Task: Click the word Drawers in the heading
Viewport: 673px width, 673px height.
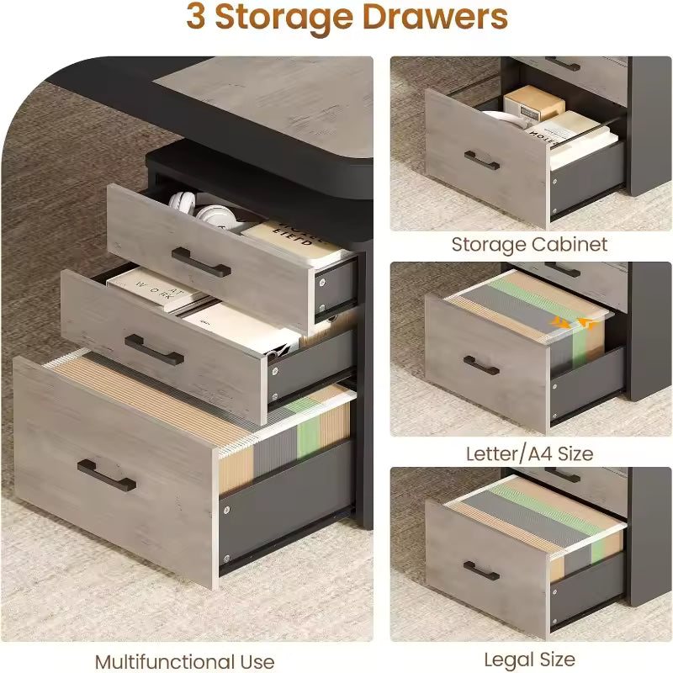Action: [x=435, y=17]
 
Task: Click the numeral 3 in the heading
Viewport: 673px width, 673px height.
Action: [x=196, y=17]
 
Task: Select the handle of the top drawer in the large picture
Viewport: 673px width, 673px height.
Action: [x=201, y=262]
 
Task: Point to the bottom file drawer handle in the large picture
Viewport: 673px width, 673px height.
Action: [x=107, y=475]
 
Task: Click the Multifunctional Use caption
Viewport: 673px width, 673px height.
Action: [x=184, y=661]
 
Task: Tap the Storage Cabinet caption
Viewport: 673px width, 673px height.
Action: [x=529, y=245]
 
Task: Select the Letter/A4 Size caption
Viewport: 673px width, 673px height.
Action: [x=530, y=453]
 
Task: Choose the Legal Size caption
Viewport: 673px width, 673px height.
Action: [x=530, y=660]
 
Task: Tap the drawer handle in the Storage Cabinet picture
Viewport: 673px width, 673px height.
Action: [x=481, y=161]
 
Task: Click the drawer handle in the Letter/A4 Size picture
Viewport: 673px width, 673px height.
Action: [x=481, y=366]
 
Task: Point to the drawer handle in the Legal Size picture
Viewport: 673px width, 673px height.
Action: [x=481, y=571]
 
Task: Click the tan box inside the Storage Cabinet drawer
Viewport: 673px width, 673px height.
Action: [x=533, y=103]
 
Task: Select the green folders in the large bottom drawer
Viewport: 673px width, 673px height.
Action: [x=309, y=427]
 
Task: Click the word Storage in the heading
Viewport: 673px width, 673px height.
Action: [x=284, y=18]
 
